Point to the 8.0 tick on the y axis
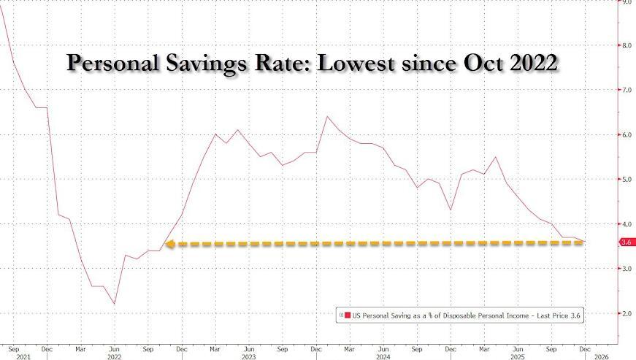click(625, 45)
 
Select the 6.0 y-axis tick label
click(625, 134)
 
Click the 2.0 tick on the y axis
click(625, 313)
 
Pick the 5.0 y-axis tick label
click(625, 179)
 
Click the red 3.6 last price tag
click(626, 242)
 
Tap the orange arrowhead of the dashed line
click(170, 245)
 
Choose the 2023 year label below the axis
click(250, 358)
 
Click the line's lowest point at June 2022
click(115, 304)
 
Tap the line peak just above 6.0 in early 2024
click(326, 116)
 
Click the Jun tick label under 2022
click(115, 348)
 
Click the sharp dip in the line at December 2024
click(450, 210)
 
